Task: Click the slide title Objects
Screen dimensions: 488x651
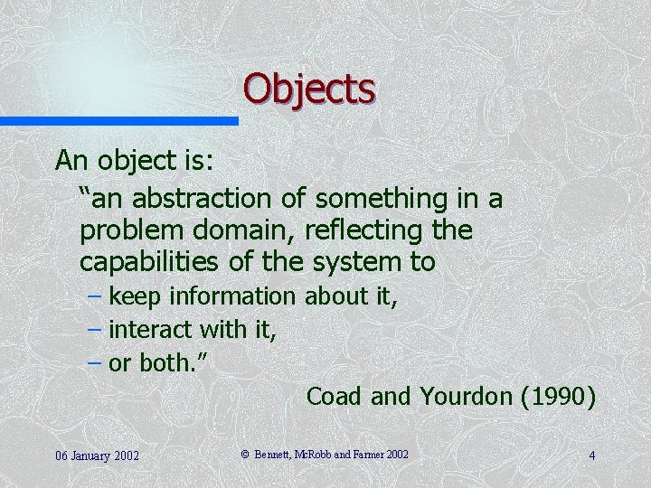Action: tap(308, 89)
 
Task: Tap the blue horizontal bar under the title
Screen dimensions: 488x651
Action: tap(118, 120)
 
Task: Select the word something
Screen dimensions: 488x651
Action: tap(385, 198)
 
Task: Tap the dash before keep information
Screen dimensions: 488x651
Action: tap(95, 296)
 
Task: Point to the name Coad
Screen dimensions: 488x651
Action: tap(334, 397)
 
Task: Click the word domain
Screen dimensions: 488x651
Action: tap(238, 230)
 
